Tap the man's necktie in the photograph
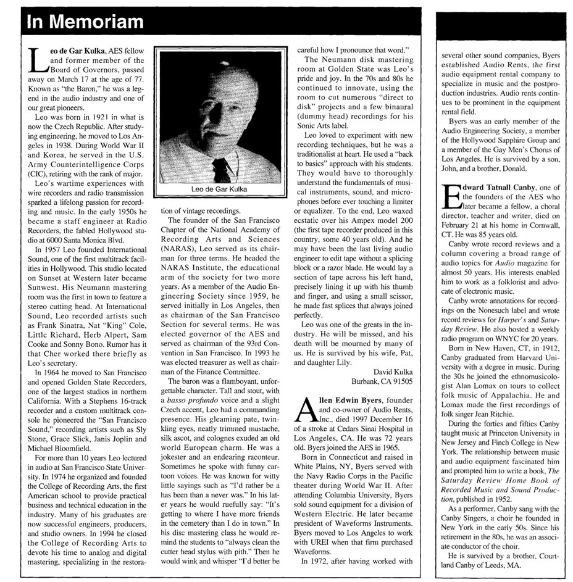point(220,168)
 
